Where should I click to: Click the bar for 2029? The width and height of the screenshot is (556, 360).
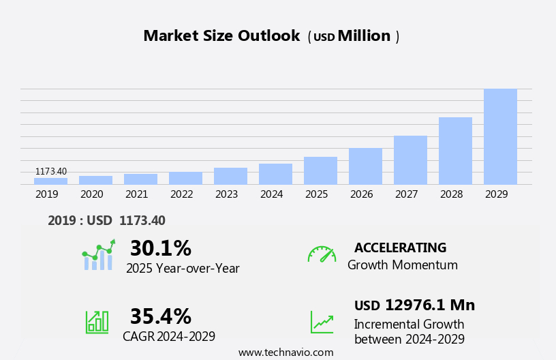pyautogui.click(x=500, y=136)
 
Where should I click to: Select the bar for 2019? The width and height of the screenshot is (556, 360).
pyautogui.click(x=50, y=181)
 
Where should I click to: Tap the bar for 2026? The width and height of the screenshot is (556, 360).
pyautogui.click(x=365, y=166)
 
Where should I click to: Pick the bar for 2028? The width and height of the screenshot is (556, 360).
pyautogui.click(x=455, y=151)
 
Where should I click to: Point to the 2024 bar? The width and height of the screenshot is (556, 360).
pyautogui.click(x=275, y=174)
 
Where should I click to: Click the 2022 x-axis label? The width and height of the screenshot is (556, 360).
pyautogui.click(x=181, y=194)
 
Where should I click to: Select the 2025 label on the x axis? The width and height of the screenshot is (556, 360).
pyautogui.click(x=316, y=194)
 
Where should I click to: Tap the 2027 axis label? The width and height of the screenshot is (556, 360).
pyautogui.click(x=406, y=194)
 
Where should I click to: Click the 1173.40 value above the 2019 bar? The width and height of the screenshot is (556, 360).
pyautogui.click(x=51, y=171)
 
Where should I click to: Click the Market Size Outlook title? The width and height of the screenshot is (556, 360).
pyautogui.click(x=221, y=36)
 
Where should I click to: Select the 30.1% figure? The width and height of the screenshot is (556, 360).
pyautogui.click(x=160, y=248)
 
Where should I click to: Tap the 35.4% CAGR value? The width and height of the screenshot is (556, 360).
pyautogui.click(x=160, y=316)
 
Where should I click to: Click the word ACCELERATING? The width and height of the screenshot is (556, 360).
pyautogui.click(x=400, y=248)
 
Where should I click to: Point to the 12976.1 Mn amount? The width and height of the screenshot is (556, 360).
pyautogui.click(x=429, y=305)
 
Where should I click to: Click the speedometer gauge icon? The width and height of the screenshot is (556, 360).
pyautogui.click(x=322, y=254)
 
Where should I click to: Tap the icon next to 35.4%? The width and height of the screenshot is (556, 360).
pyautogui.click(x=97, y=321)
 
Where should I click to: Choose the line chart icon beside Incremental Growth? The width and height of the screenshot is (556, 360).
pyautogui.click(x=322, y=322)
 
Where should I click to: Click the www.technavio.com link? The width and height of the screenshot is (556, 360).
pyautogui.click(x=285, y=352)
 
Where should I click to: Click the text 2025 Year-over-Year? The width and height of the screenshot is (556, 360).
pyautogui.click(x=183, y=269)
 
